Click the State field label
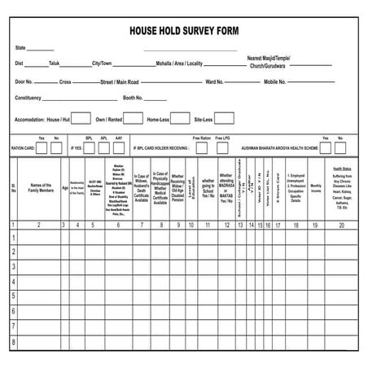(x=21, y=48)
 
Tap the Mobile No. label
(x=276, y=81)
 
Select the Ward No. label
(x=214, y=81)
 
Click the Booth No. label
(x=134, y=98)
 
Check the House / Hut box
(x=81, y=118)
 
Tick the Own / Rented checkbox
(x=134, y=118)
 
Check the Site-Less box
(x=224, y=118)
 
